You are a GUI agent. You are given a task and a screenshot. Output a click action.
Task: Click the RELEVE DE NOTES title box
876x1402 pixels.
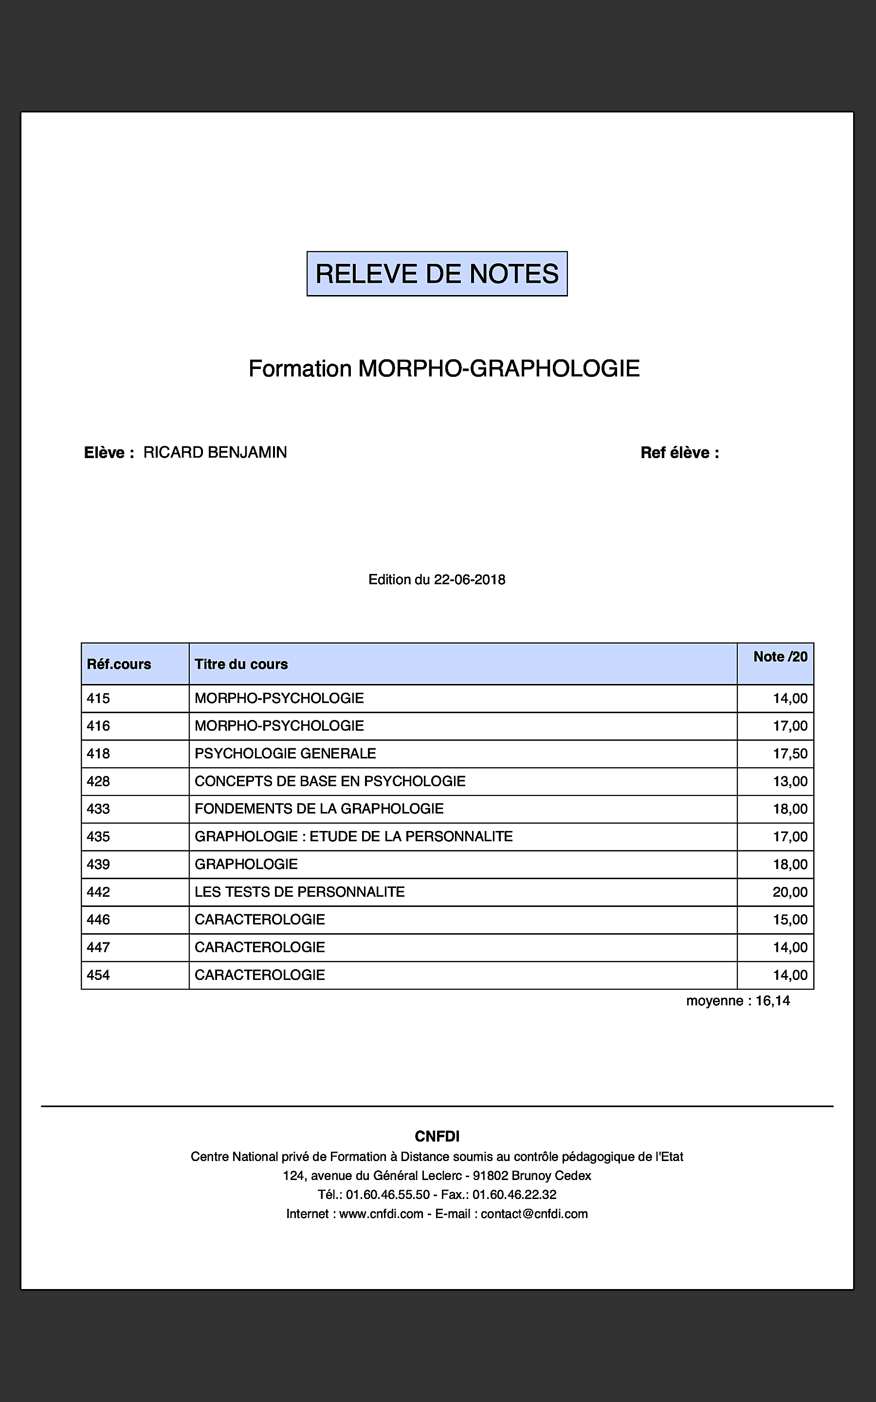[437, 274]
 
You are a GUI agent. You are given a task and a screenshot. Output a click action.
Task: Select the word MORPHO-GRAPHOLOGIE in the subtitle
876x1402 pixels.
[499, 369]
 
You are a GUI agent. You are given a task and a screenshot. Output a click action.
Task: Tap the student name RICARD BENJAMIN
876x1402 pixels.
[215, 452]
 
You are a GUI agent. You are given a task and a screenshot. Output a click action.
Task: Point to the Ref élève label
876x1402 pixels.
[679, 453]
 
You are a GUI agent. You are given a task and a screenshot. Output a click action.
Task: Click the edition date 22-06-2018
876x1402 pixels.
[469, 580]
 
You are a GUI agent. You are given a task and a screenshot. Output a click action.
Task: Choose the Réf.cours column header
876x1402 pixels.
[119, 664]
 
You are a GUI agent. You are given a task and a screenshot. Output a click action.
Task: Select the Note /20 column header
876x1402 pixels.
[780, 657]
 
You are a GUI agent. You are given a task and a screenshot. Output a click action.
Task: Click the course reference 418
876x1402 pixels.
[98, 754]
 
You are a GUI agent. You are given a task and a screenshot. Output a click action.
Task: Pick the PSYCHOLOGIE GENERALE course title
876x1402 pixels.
[285, 754]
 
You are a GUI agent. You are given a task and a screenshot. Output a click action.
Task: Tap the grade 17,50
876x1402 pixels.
[790, 754]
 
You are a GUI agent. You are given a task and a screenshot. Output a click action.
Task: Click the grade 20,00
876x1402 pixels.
[790, 892]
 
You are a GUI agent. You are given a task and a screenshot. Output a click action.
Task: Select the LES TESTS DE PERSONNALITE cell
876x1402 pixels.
[299, 892]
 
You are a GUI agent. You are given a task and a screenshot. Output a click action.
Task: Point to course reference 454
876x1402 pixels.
[98, 975]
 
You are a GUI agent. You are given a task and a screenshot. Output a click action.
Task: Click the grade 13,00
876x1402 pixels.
[790, 781]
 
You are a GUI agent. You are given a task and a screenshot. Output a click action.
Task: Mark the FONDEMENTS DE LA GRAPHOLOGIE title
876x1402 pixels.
[319, 809]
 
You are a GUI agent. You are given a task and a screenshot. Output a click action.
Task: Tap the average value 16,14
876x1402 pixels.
[772, 1001]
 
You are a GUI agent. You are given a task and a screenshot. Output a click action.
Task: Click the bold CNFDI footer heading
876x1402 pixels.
[437, 1137]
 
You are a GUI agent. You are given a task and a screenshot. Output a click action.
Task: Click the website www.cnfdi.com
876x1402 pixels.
[381, 1214]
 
